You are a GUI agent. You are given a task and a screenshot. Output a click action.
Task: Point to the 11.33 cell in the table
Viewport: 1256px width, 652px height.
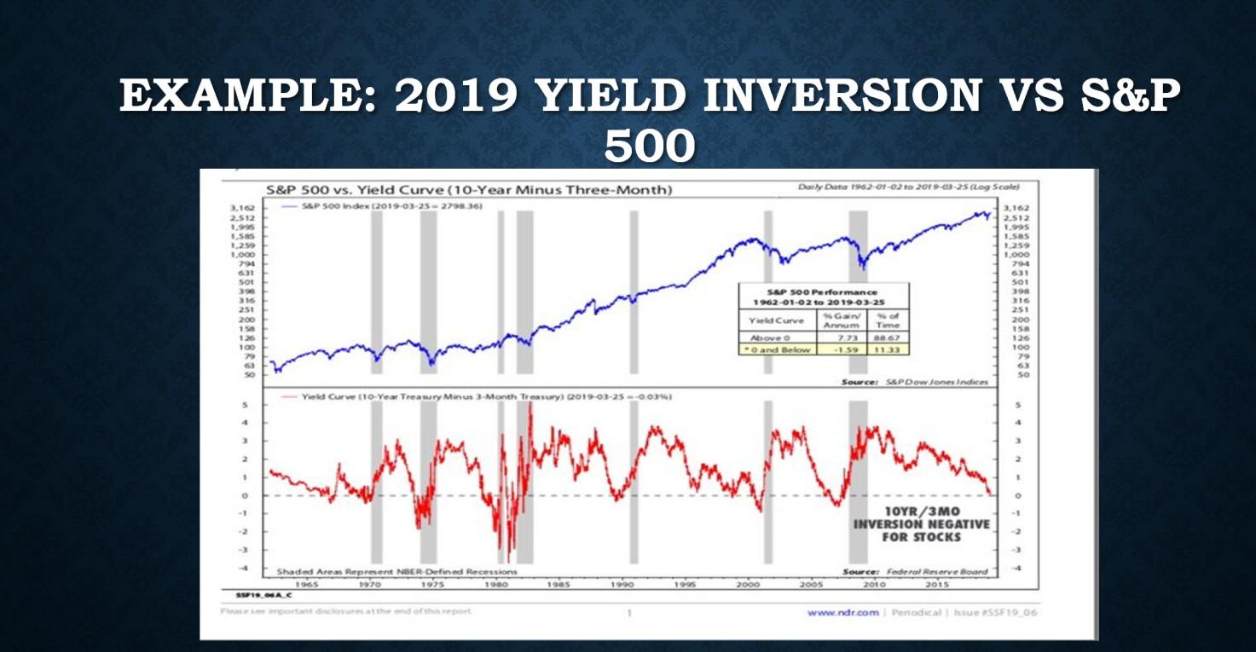click(887, 349)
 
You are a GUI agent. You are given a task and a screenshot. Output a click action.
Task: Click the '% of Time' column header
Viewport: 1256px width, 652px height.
click(887, 320)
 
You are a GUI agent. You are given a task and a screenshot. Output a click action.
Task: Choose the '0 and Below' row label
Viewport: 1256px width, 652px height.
click(777, 349)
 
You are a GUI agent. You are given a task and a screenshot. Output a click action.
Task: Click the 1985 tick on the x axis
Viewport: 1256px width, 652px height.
click(559, 585)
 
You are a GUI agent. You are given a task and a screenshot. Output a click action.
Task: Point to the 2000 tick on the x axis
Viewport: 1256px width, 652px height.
click(748, 585)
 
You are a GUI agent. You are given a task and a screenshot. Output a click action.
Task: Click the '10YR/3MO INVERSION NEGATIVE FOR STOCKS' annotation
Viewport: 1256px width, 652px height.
click(922, 524)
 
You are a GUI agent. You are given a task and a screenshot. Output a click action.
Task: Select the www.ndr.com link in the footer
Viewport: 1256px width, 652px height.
click(842, 612)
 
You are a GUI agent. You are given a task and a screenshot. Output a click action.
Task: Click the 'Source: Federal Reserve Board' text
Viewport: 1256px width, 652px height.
click(915, 571)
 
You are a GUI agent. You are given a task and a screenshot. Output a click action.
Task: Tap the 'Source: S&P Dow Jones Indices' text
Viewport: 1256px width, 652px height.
click(915, 382)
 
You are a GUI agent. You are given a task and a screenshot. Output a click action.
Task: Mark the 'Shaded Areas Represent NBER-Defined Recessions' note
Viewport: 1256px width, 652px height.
click(396, 571)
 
